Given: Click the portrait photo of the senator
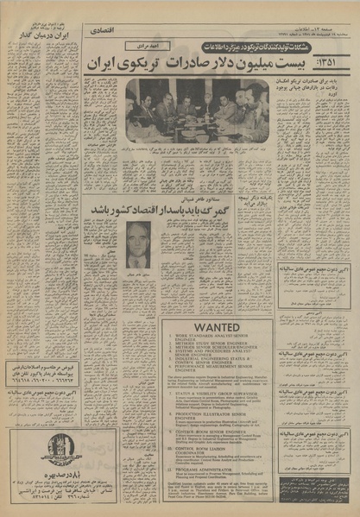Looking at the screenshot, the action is (139, 246).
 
